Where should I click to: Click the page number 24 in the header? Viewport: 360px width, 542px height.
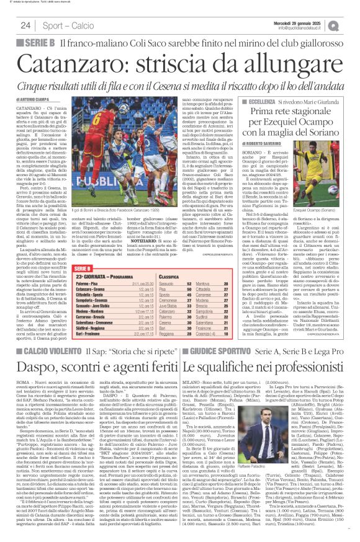pos(25,25)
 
